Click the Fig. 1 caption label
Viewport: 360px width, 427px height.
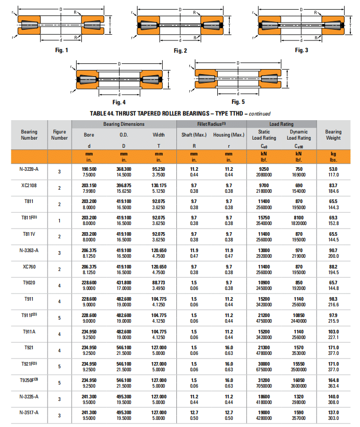[61, 50]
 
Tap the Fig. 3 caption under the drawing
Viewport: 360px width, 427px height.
[301, 50]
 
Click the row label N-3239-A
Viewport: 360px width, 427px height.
[29, 169]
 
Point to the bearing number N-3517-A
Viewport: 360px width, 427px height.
[29, 412]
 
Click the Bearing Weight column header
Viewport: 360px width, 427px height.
[333, 134]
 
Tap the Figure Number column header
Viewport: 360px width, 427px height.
[60, 134]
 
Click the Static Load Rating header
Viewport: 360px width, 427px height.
[264, 134]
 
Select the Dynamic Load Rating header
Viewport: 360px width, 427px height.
[299, 134]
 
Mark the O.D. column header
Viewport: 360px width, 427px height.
[124, 135]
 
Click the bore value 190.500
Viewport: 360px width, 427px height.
[89, 169]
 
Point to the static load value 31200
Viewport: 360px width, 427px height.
[264, 380]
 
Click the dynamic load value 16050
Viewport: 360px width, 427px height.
[299, 380]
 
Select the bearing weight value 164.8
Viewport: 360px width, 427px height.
[333, 380]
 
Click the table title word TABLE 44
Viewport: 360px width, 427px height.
[103, 114]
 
